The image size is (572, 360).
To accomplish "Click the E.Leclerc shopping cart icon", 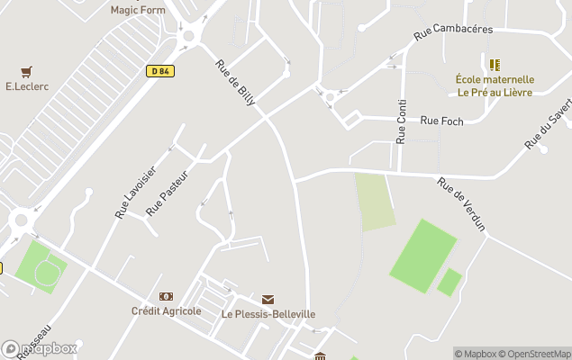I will coord(26,71).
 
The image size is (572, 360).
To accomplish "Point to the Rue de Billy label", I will coord(236,84).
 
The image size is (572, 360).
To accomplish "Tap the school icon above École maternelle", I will coord(495,64).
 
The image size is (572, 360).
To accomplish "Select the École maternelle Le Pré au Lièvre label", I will coord(495,85).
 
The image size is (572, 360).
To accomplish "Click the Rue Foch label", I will coord(441,121).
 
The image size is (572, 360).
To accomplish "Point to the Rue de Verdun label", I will coord(461,204).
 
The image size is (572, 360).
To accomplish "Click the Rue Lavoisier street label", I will coord(136,192).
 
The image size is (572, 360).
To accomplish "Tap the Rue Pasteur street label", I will coord(168,193).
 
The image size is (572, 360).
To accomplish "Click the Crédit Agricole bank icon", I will coord(166,296).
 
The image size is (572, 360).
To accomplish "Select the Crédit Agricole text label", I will coord(166,311).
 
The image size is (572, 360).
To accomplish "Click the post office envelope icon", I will coord(268,299).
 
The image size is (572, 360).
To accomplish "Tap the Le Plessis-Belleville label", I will coord(268,314).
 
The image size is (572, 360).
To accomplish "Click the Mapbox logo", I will coord(40,348).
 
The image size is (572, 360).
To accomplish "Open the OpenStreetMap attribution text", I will coord(536,354).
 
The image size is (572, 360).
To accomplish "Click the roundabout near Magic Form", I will coord(189,37).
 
